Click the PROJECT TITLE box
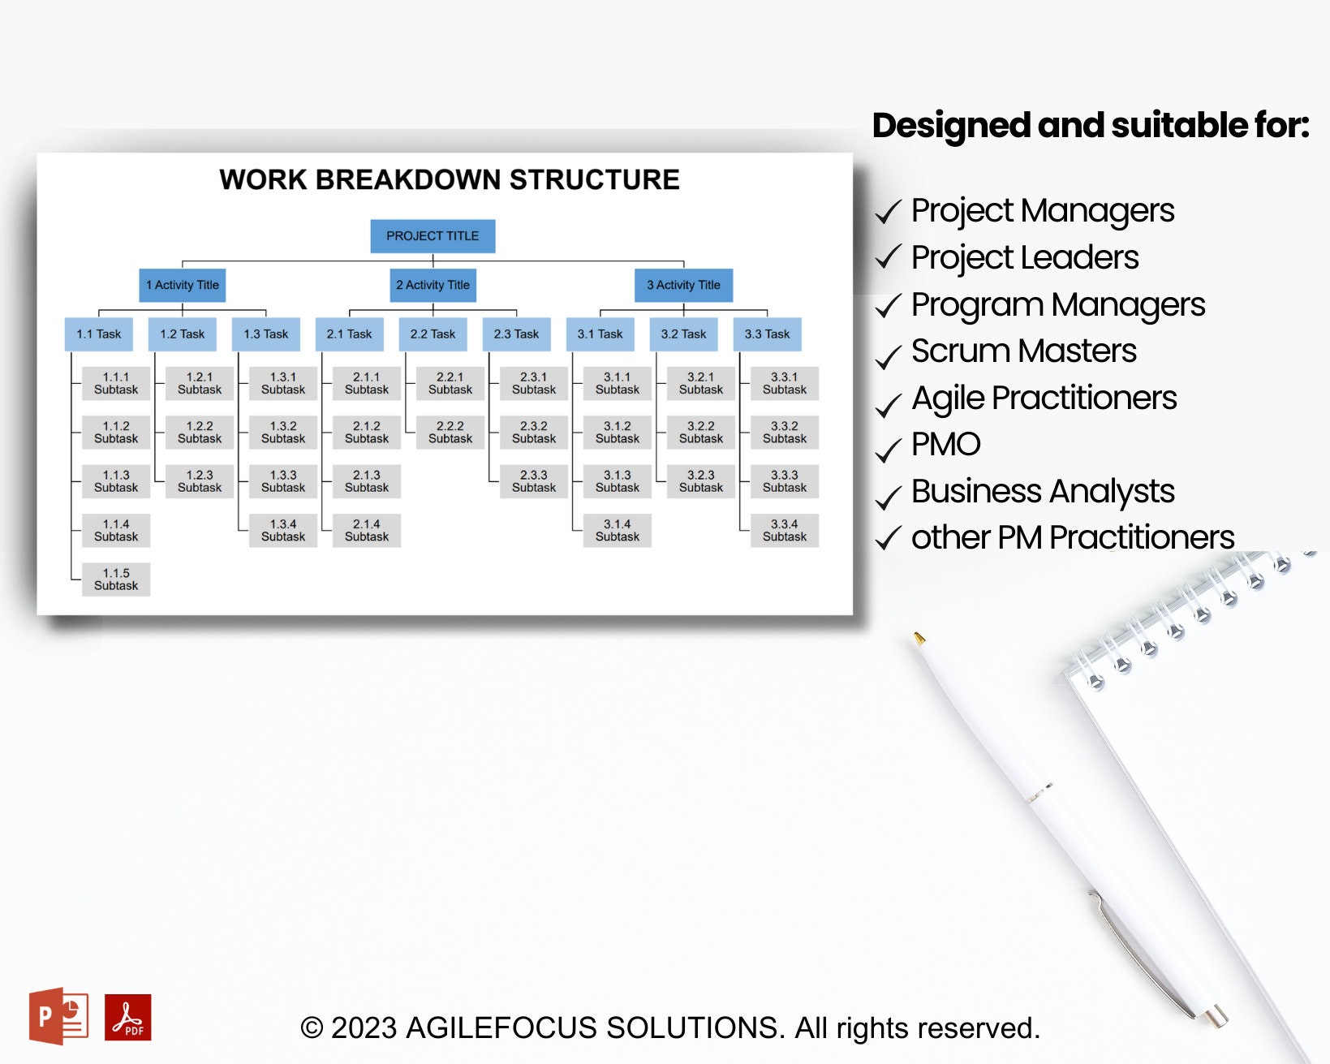[x=433, y=236]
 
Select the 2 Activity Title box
[x=433, y=285]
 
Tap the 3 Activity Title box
[x=683, y=285]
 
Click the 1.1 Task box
[x=99, y=334]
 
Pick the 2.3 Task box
[x=516, y=334]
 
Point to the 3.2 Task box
[x=683, y=334]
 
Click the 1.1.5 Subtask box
[x=116, y=579]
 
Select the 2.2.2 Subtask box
[x=450, y=432]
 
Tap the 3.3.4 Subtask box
[x=785, y=530]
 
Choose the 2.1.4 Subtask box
[x=367, y=530]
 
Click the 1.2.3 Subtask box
[x=200, y=481]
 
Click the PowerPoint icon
[x=58, y=1015]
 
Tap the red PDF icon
[x=128, y=1017]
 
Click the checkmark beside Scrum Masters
[x=889, y=355]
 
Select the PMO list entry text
[x=945, y=445]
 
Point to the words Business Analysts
[x=1042, y=491]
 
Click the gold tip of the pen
[x=919, y=638]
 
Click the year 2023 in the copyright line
[x=364, y=1027]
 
